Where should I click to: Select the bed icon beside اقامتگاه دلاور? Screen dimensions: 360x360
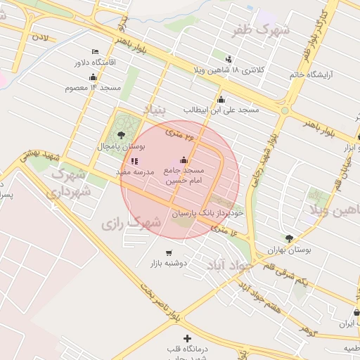96,52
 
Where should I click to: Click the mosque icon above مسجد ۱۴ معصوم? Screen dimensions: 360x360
93,77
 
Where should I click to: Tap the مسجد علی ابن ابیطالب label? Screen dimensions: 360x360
221,110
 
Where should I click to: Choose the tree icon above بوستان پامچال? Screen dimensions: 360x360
122,134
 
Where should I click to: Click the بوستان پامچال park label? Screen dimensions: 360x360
121,147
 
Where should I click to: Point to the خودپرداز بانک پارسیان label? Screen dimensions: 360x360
207,212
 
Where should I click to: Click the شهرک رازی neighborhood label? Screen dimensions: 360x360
131,223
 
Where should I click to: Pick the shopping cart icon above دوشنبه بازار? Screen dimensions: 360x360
167,252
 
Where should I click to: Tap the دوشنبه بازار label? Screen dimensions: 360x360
167,264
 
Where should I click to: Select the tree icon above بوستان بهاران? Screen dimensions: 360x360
290,238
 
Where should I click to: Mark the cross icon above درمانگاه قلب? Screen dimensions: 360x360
186,339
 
